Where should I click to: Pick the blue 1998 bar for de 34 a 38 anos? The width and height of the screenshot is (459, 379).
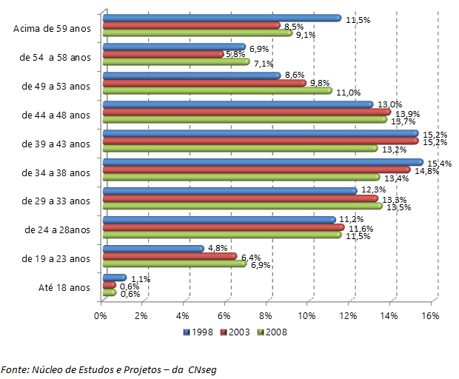click(x=262, y=162)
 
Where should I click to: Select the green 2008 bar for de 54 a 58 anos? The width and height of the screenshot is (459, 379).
click(x=175, y=62)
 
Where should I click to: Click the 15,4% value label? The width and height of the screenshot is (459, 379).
click(x=441, y=163)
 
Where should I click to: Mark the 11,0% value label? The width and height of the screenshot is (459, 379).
click(x=348, y=93)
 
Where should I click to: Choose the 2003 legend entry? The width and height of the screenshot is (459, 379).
click(x=237, y=332)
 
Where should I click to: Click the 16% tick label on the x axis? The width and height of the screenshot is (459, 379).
click(x=431, y=316)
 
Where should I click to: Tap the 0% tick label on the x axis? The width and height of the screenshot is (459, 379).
click(x=101, y=316)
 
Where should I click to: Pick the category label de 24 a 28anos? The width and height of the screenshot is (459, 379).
click(x=56, y=229)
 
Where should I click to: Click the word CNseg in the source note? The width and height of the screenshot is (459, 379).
click(x=202, y=369)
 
